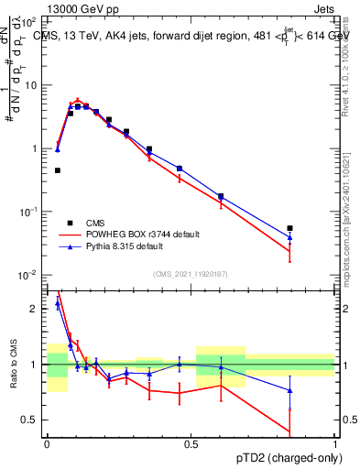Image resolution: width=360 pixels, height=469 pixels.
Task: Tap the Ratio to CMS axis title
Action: pos(13,365)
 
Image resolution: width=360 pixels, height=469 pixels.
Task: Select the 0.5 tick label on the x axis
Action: pos(191,443)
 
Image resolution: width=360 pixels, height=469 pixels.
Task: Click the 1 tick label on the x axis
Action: pos(335,443)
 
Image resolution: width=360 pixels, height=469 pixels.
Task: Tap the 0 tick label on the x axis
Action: pos(46,443)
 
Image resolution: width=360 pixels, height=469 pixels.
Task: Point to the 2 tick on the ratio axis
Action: pos(36,309)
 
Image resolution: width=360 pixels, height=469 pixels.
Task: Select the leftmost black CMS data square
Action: pos(57,170)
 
